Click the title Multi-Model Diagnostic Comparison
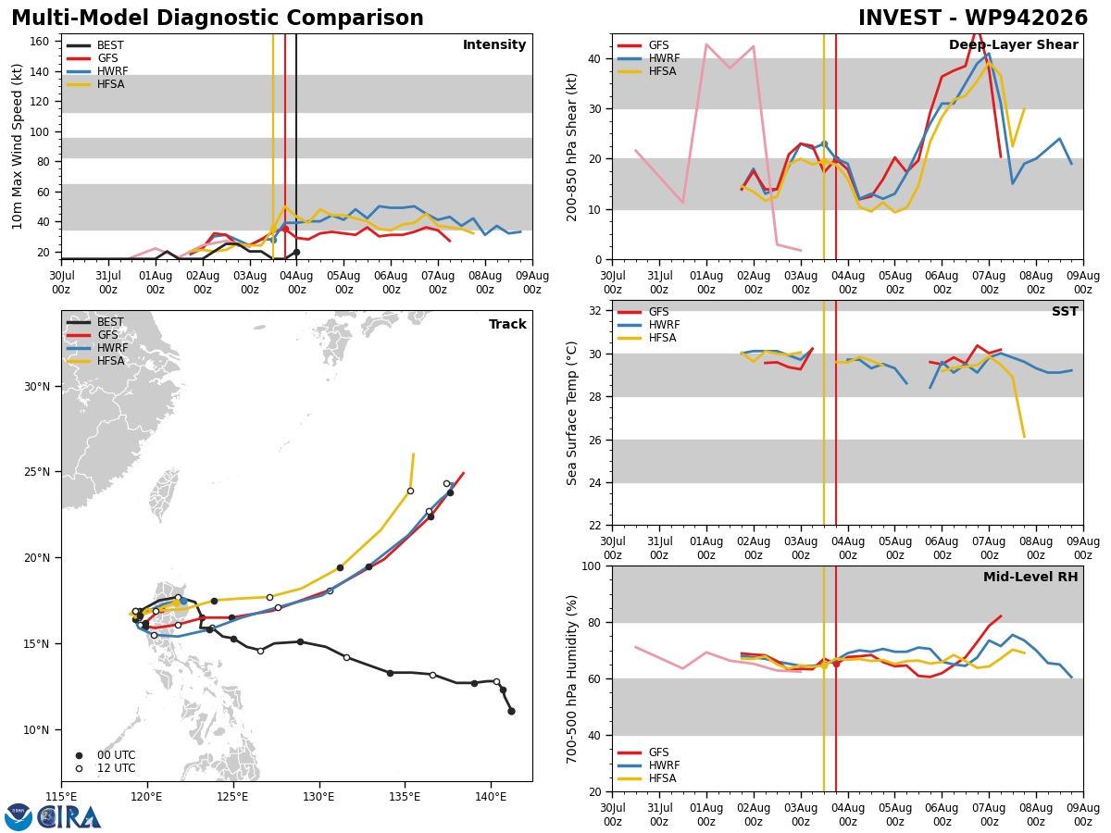tap(218, 19)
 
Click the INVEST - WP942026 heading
tap(973, 19)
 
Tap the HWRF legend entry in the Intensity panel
tap(97, 71)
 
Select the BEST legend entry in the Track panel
tap(95, 322)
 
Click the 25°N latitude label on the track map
tap(37, 472)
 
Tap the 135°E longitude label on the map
tap(405, 798)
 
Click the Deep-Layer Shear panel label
tap(1013, 44)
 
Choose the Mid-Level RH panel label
tap(1030, 577)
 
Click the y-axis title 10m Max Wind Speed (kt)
tap(17, 146)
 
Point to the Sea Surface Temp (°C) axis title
tap(571, 413)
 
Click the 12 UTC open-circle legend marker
tap(79, 769)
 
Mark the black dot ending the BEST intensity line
tap(296, 252)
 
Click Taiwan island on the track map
tap(163, 494)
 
